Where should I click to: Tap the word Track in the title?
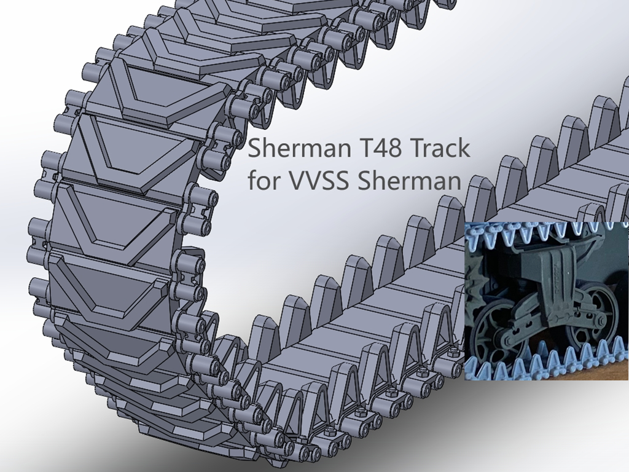(440, 150)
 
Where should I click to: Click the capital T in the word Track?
(415, 150)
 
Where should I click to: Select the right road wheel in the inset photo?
(590, 319)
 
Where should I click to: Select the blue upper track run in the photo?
(541, 231)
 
